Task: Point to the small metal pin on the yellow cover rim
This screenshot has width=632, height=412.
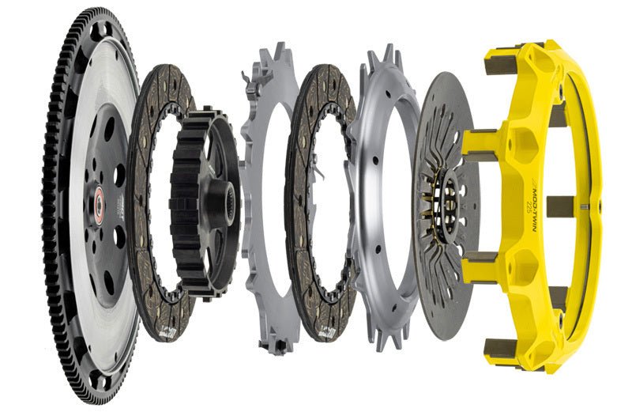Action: (x=584, y=208)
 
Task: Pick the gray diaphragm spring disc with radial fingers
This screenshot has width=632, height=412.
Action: (x=431, y=261)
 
